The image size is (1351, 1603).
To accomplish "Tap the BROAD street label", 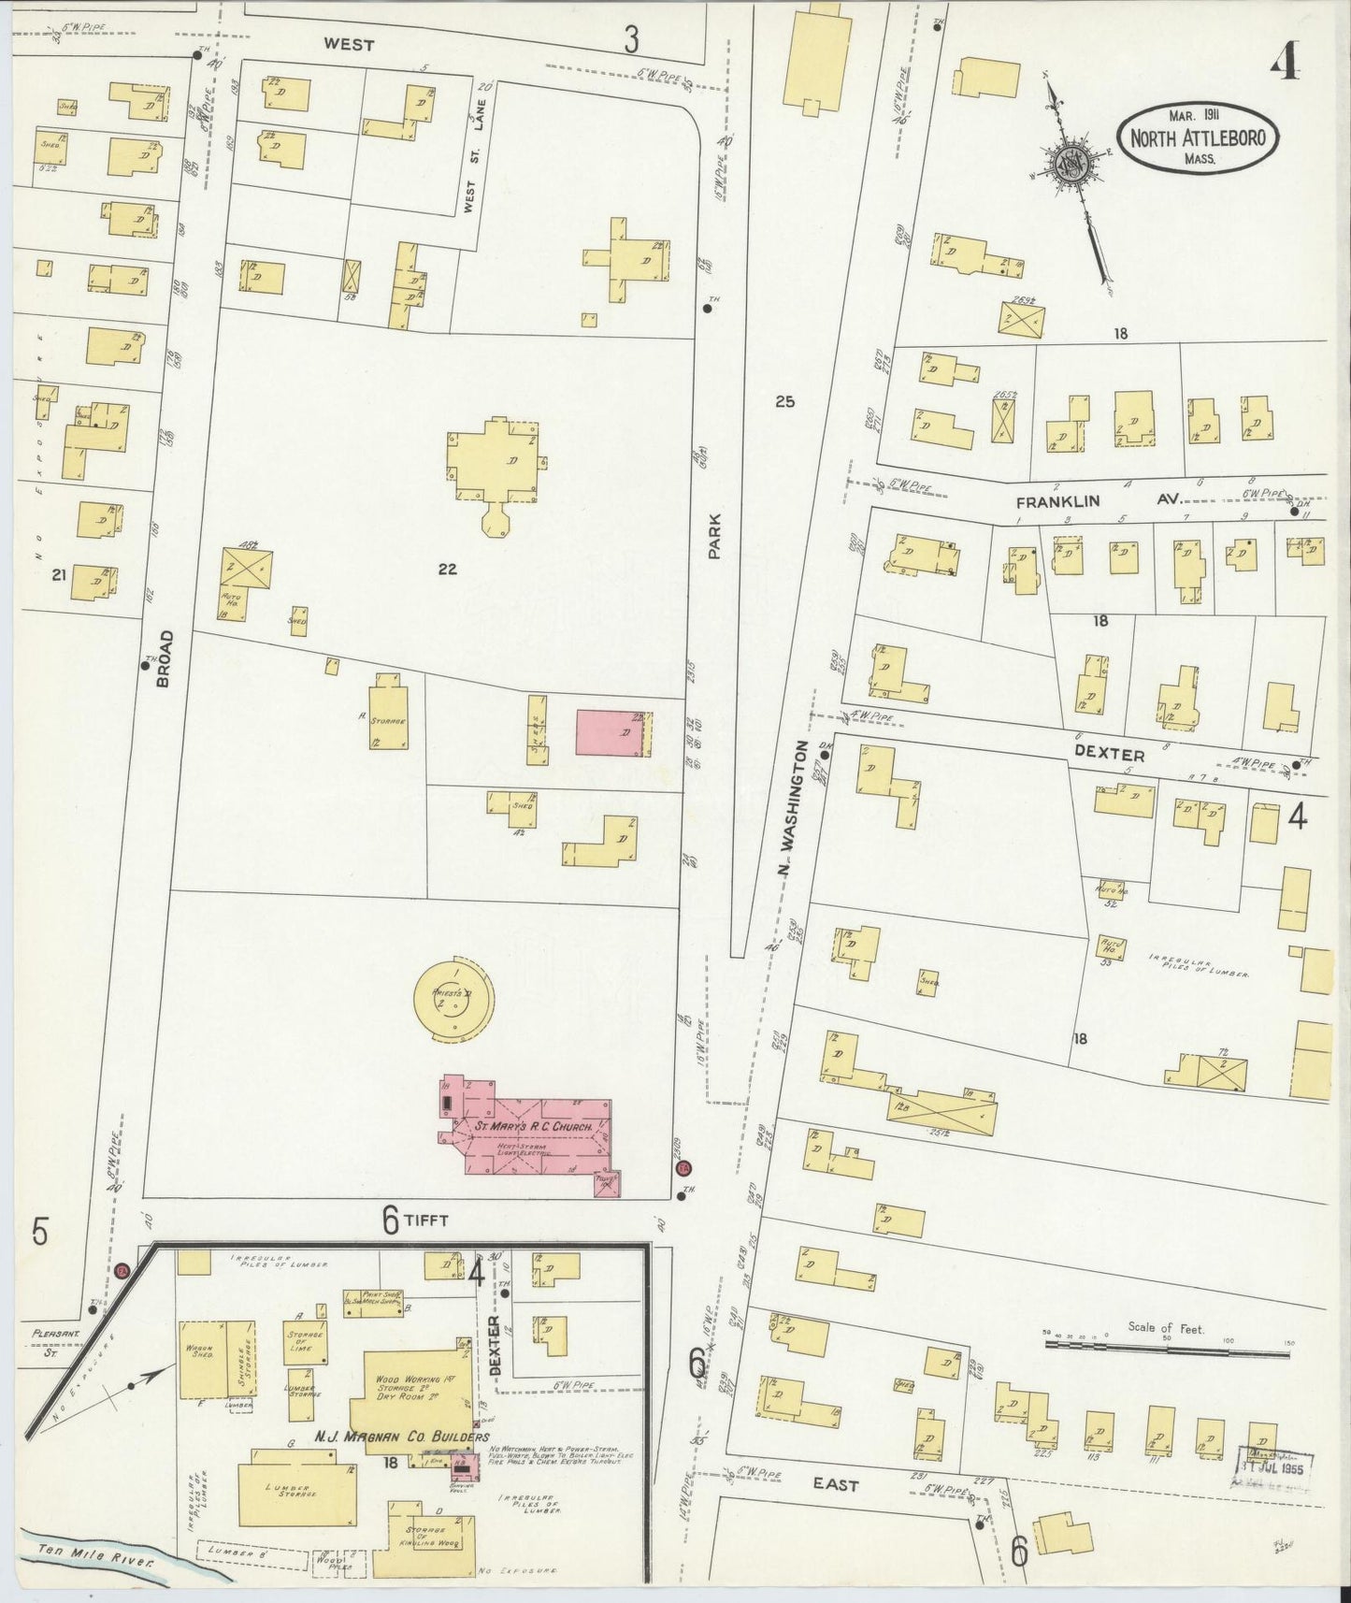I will point(165,659).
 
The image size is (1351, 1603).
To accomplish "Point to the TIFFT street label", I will point(428,1220).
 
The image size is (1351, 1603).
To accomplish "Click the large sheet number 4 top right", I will point(1286,62).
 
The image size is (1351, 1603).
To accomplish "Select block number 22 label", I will point(447,569).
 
